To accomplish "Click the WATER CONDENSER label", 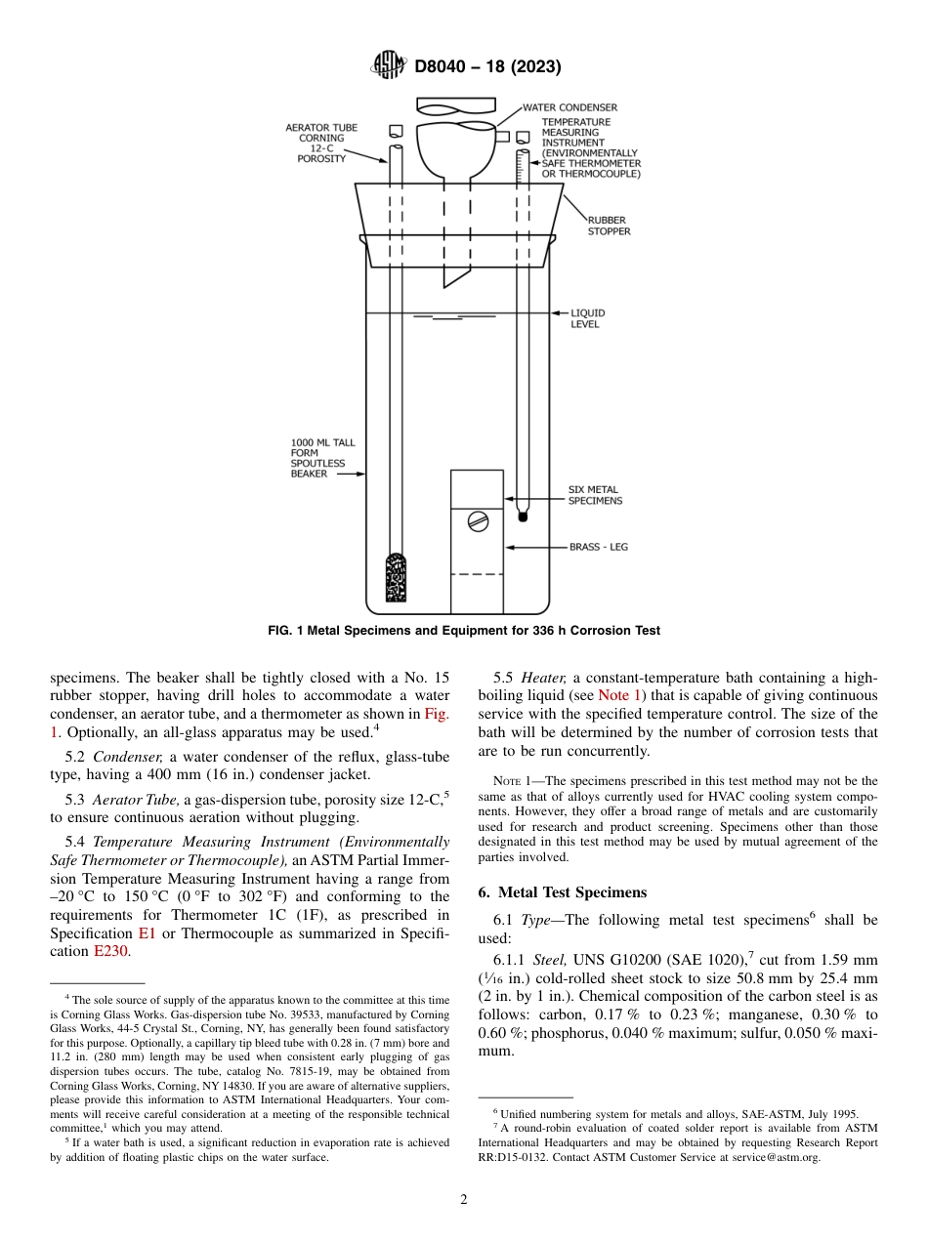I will click(569, 107).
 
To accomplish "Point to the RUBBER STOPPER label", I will click(609, 227).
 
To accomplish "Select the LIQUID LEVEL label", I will click(587, 318).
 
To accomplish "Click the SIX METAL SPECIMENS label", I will click(595, 495).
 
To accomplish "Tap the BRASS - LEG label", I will click(599, 548).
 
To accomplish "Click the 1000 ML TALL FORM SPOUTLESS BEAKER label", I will click(323, 458).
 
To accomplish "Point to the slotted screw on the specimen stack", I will click(478, 521).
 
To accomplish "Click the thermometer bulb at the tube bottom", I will click(523, 508).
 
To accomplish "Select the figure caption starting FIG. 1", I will click(464, 631).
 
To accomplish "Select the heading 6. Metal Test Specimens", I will click(562, 892).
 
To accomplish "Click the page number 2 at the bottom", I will click(464, 1200).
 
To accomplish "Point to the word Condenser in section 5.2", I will click(130, 757).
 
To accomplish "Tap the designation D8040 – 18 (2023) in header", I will click(487, 67).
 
